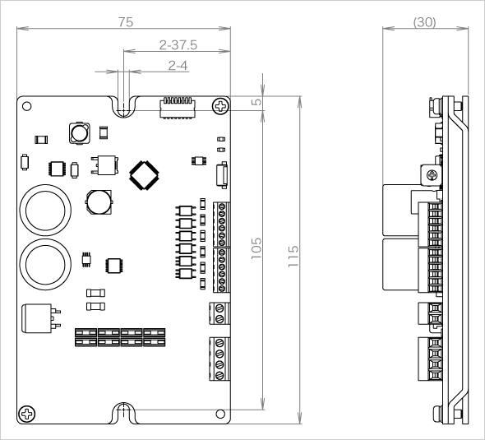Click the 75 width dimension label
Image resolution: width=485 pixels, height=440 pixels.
coord(126,22)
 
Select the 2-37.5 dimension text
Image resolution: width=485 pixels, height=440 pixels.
coord(178,45)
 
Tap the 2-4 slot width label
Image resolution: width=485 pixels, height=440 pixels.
coord(178,66)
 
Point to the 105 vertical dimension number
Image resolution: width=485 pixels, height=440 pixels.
coord(256,248)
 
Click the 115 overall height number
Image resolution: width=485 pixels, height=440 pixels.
coord(293,257)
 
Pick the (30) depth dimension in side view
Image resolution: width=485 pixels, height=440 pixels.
coord(425,22)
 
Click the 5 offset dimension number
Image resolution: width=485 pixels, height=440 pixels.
coord(256,102)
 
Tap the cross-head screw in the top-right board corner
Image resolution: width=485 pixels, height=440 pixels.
coord(221,106)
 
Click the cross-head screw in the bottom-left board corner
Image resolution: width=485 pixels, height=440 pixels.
coord(27,414)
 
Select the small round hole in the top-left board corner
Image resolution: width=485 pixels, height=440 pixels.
coord(27,106)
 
